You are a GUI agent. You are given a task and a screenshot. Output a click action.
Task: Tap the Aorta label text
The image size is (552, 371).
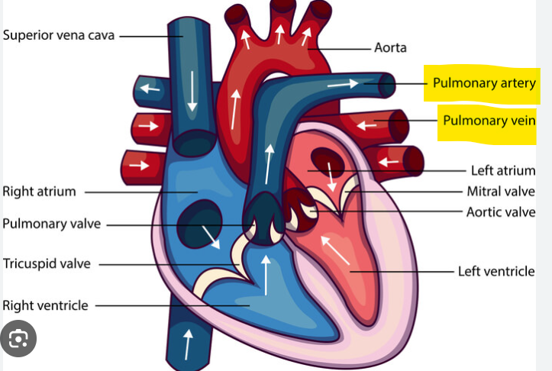(x=390, y=48)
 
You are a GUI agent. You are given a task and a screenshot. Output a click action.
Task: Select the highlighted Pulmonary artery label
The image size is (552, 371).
(x=484, y=82)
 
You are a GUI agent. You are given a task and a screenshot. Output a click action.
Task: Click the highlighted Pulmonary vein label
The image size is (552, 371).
(x=489, y=121)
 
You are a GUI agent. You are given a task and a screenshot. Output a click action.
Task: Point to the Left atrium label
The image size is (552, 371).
(x=502, y=170)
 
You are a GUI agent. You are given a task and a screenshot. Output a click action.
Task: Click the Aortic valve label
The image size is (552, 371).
(x=500, y=211)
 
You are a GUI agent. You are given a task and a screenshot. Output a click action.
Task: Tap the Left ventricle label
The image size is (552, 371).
(x=496, y=271)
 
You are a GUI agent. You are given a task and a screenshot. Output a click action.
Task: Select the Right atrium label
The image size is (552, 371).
(x=39, y=191)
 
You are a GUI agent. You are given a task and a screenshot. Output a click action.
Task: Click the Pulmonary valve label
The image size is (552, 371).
(x=51, y=224)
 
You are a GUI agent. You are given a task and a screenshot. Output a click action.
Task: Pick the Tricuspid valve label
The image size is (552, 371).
(x=47, y=264)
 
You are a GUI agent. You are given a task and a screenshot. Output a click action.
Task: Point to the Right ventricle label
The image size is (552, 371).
(x=45, y=305)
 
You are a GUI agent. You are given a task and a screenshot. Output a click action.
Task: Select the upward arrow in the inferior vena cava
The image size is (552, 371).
(x=187, y=344)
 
